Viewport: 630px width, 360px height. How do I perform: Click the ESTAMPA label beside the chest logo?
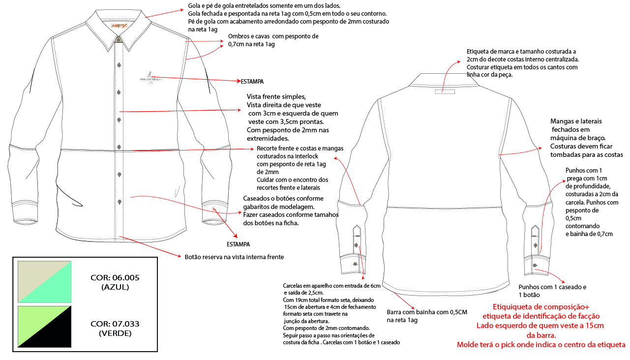coord(252,81)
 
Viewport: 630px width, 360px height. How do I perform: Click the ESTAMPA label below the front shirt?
coord(238,244)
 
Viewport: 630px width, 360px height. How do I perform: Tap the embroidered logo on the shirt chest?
coord(149,78)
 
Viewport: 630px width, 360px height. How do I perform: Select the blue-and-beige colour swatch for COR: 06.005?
coord(45,282)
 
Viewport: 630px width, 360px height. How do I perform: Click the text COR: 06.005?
coord(115,278)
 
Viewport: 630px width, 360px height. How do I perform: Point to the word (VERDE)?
coord(115,333)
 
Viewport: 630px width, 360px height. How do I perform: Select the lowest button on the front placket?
coord(119,202)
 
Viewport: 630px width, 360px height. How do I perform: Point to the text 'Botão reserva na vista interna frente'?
coord(234,257)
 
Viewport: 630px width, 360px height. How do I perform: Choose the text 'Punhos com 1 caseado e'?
coord(553,287)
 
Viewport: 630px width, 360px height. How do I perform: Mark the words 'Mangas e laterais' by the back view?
coord(576,121)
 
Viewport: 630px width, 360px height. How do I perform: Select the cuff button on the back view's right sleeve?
coord(535,266)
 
